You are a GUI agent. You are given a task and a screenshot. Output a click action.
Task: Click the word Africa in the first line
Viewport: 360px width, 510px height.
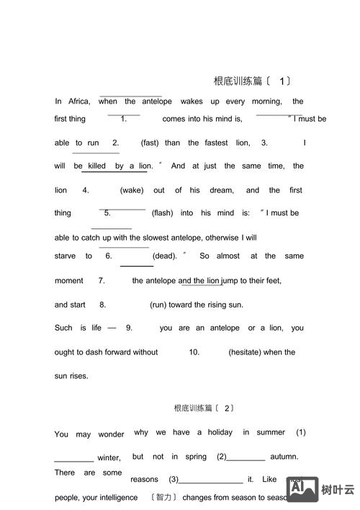tap(79, 102)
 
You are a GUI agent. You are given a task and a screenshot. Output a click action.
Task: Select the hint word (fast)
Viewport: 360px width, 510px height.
tap(150, 143)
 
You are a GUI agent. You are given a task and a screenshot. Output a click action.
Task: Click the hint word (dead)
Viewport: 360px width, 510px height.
tap(165, 256)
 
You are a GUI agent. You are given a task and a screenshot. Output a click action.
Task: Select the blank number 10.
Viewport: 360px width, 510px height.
tap(194, 352)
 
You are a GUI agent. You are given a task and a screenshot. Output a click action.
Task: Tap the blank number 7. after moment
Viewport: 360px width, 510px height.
tap(102, 280)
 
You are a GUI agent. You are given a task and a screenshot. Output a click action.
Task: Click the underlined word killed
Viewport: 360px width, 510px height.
tap(96, 166)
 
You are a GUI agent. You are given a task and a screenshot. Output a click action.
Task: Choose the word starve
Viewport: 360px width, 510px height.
tap(65, 256)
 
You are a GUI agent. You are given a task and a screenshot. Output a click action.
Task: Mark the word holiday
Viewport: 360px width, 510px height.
tap(220, 432)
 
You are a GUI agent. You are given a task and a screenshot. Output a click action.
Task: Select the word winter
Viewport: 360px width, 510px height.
tap(109, 457)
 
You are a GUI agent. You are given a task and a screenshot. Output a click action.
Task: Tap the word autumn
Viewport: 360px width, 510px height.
tap(284, 456)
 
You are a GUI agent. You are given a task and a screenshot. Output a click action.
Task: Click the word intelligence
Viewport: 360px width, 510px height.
tap(115, 497)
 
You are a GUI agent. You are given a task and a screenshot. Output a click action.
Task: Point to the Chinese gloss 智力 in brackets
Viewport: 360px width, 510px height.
tap(164, 497)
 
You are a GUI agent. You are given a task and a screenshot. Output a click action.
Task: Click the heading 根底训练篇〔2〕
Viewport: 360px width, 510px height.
tap(204, 408)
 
